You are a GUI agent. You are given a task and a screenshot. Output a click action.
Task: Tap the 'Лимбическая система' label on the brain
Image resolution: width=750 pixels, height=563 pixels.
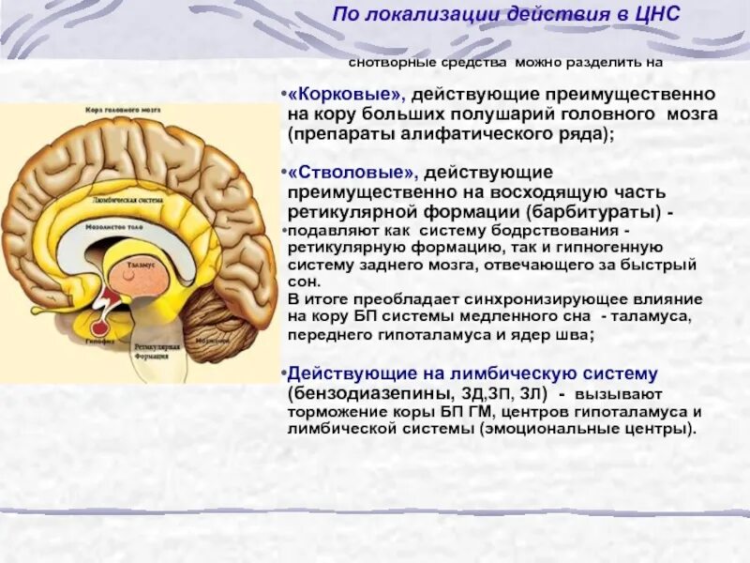point(122,200)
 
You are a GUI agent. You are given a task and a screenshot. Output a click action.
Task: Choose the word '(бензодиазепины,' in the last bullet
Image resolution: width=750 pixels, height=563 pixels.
point(359,391)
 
